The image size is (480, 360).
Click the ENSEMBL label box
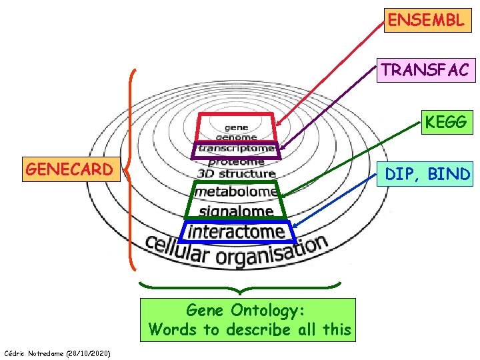pos(425,20)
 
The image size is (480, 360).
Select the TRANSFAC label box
pos(425,69)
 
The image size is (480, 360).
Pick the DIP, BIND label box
pos(427,175)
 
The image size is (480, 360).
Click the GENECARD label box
pos(69,169)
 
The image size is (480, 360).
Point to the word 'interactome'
pos(237,231)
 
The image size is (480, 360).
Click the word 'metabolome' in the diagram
pos(236,192)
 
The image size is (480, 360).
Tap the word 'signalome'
pos(237,211)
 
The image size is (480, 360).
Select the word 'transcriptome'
pos(237,148)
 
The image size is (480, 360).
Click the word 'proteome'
pos(236,161)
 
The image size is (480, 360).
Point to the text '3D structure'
pos(237,174)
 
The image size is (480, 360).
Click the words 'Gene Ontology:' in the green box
pos(246,310)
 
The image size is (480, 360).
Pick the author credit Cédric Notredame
pos(57,352)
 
